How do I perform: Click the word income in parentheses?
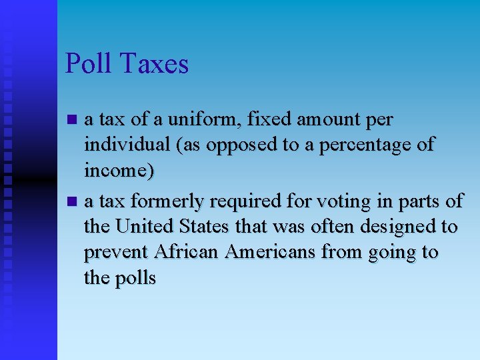pyautogui.click(x=119, y=171)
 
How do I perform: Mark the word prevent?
pyautogui.click(x=116, y=253)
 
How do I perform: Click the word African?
pyautogui.click(x=187, y=252)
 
